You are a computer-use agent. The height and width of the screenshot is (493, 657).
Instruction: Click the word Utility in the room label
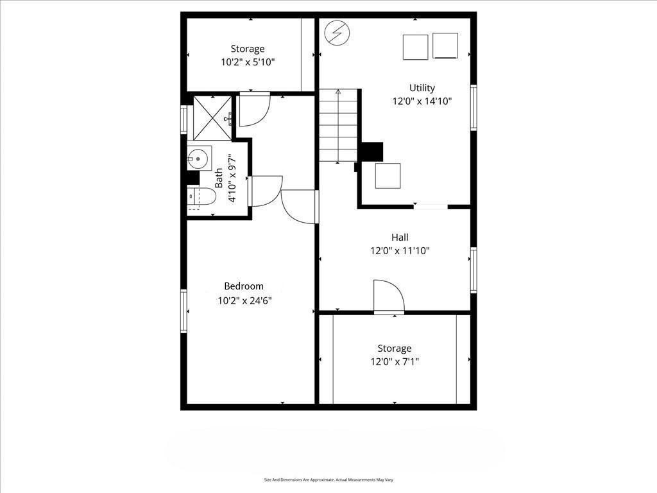point(422,88)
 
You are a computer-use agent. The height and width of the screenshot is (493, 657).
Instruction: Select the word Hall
point(400,238)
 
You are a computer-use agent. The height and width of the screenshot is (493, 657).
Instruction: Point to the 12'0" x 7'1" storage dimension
point(394,362)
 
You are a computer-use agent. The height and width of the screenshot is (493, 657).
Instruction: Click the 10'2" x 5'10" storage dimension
point(248,62)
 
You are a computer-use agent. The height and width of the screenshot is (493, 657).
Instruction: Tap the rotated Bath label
point(219,178)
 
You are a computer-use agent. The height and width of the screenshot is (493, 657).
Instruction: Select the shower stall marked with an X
point(212,117)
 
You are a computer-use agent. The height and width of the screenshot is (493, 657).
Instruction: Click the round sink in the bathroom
point(199,157)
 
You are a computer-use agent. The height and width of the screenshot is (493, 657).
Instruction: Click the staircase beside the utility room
point(338,126)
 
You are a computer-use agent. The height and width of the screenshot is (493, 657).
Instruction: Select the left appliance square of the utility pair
point(415,47)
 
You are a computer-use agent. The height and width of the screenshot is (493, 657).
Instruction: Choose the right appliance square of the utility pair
point(445,46)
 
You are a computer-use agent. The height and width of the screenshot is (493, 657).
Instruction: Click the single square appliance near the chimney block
point(388,176)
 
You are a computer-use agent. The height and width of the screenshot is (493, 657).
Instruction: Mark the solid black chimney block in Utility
point(371,151)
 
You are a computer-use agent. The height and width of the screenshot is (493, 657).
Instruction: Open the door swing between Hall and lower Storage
point(388,297)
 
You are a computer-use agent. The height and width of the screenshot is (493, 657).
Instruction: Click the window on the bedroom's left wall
point(183,311)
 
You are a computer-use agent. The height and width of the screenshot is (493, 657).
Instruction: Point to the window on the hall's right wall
point(474,270)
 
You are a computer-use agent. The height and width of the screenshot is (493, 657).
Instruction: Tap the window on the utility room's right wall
point(474,108)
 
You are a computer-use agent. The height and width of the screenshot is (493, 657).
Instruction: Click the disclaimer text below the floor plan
point(328,480)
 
